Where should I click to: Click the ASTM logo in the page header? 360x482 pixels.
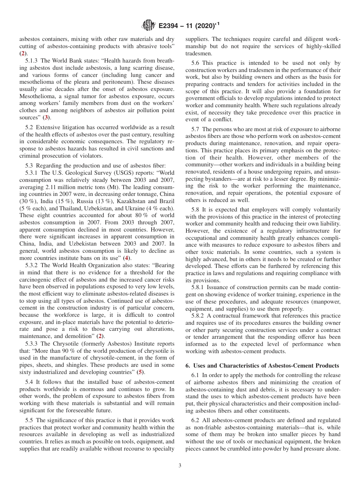pyautogui.click(x=148, y=25)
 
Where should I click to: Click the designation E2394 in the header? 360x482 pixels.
pyautogui.click(x=171, y=26)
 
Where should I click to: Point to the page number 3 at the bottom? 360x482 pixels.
pyautogui.click(x=180, y=466)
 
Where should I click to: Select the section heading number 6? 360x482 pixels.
pyautogui.click(x=187, y=365)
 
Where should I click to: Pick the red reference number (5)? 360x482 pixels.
pyautogui.click(x=140, y=372)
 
